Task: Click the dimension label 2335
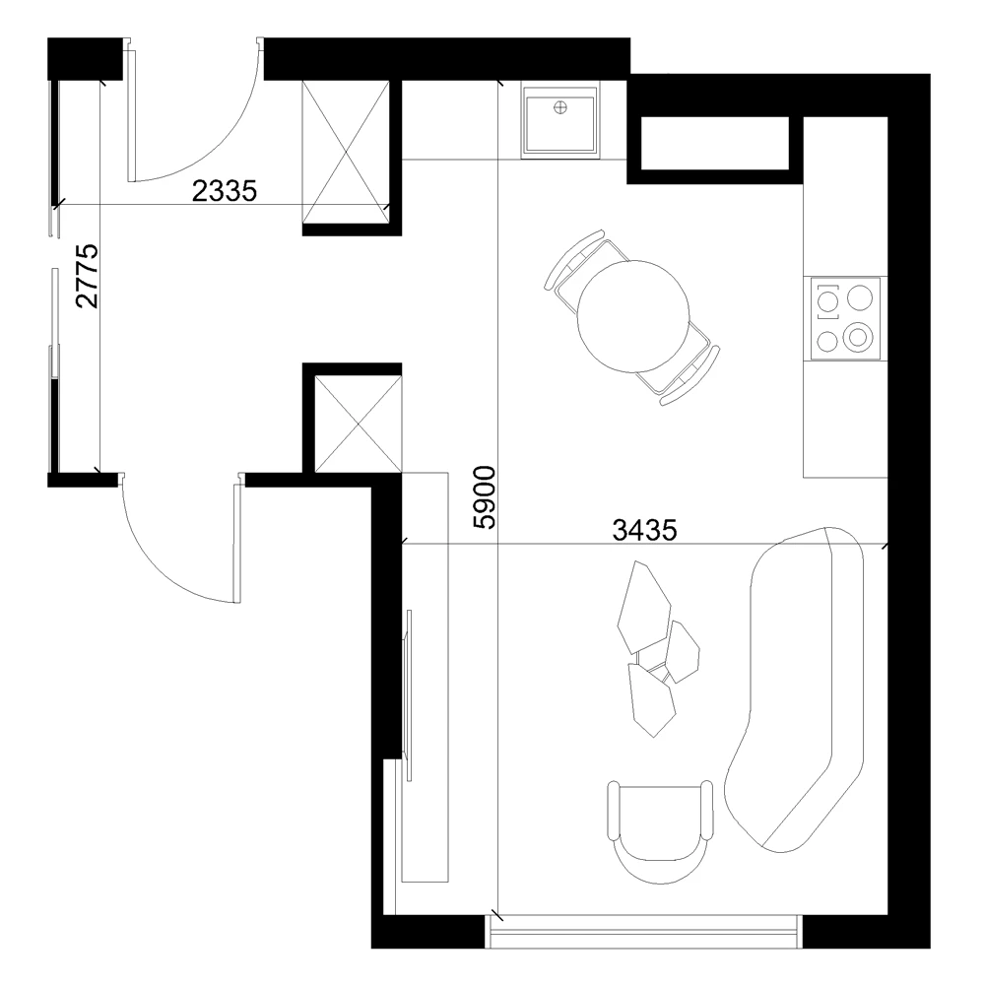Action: click(x=225, y=191)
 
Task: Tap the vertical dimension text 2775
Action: click(x=88, y=276)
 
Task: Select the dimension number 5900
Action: click(x=485, y=497)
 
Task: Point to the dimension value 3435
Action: click(x=644, y=531)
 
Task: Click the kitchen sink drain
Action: click(x=559, y=107)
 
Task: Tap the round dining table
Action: click(x=633, y=316)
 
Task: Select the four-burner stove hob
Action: click(x=845, y=318)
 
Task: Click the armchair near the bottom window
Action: click(x=660, y=830)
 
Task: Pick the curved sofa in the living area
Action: click(x=795, y=689)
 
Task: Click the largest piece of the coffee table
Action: click(x=644, y=608)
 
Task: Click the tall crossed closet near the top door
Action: click(x=346, y=152)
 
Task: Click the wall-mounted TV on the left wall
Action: click(x=409, y=695)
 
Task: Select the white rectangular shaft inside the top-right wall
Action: click(x=715, y=143)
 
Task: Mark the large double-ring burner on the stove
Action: click(x=858, y=336)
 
